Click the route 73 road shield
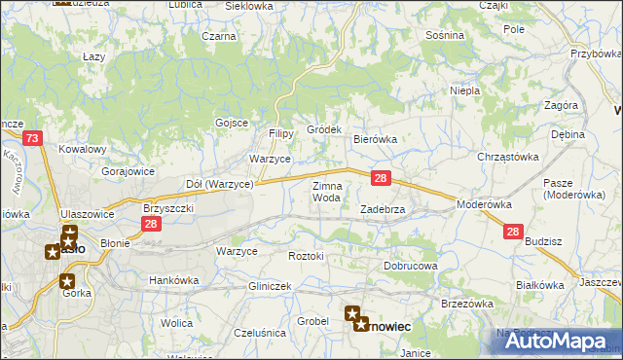click(33, 139)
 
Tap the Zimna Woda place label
click(326, 192)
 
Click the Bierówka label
click(374, 139)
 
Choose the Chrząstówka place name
click(507, 157)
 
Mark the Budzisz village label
click(543, 239)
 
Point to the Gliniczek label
click(271, 286)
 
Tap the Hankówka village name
click(173, 280)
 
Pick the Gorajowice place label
click(128, 170)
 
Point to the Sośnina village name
click(445, 34)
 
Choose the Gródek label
click(324, 129)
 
